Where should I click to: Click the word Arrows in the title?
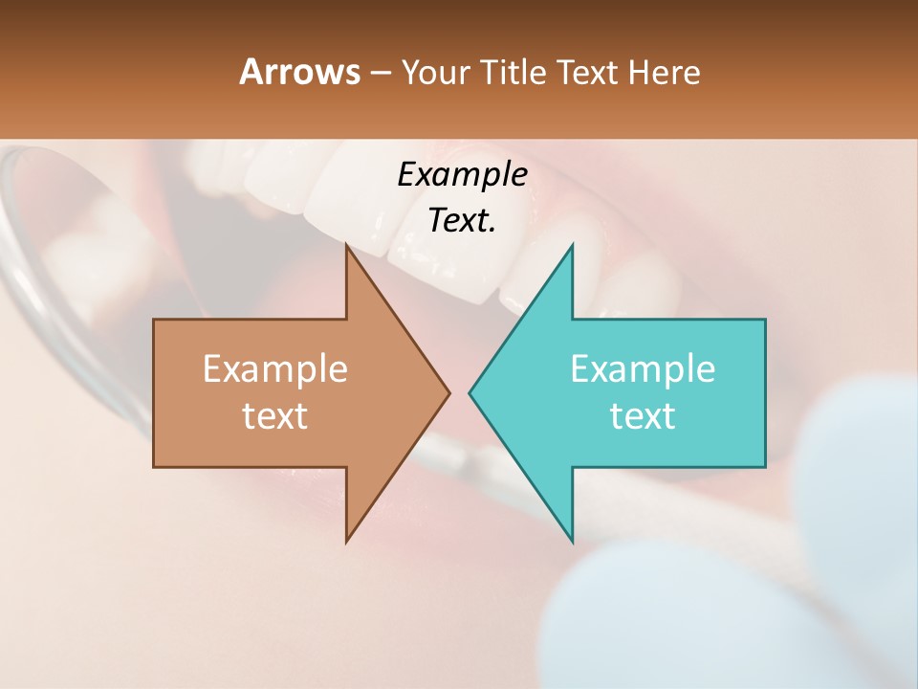click(299, 72)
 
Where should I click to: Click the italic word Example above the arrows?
click(462, 174)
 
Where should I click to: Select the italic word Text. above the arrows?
click(462, 220)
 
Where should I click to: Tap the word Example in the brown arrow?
click(275, 368)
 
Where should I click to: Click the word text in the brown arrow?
click(275, 415)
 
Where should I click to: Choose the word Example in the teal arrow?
click(643, 368)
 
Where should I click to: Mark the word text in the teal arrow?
click(643, 415)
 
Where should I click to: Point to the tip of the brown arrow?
click(448, 392)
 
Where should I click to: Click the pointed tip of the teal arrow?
click(470, 392)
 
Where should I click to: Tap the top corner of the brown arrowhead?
click(347, 245)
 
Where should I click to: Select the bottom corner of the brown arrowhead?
click(347, 541)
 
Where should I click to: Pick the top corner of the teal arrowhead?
click(572, 245)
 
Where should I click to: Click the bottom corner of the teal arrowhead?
click(572, 541)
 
